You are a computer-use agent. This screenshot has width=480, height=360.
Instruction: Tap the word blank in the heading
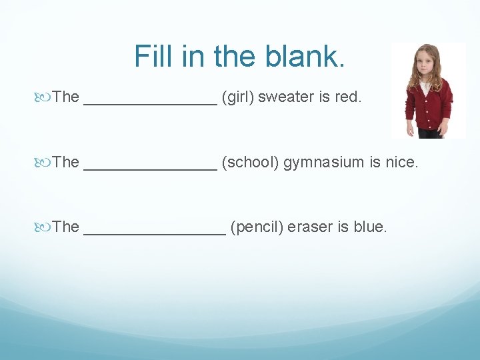[x=312, y=56]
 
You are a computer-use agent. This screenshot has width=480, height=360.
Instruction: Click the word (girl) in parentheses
[x=238, y=97]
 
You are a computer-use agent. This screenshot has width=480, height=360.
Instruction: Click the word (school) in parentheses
[x=251, y=162]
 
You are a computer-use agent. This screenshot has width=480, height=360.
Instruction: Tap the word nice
[x=401, y=162]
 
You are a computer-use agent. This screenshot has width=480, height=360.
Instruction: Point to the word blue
[x=370, y=227]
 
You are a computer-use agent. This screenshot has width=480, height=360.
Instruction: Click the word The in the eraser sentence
[x=66, y=227]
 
